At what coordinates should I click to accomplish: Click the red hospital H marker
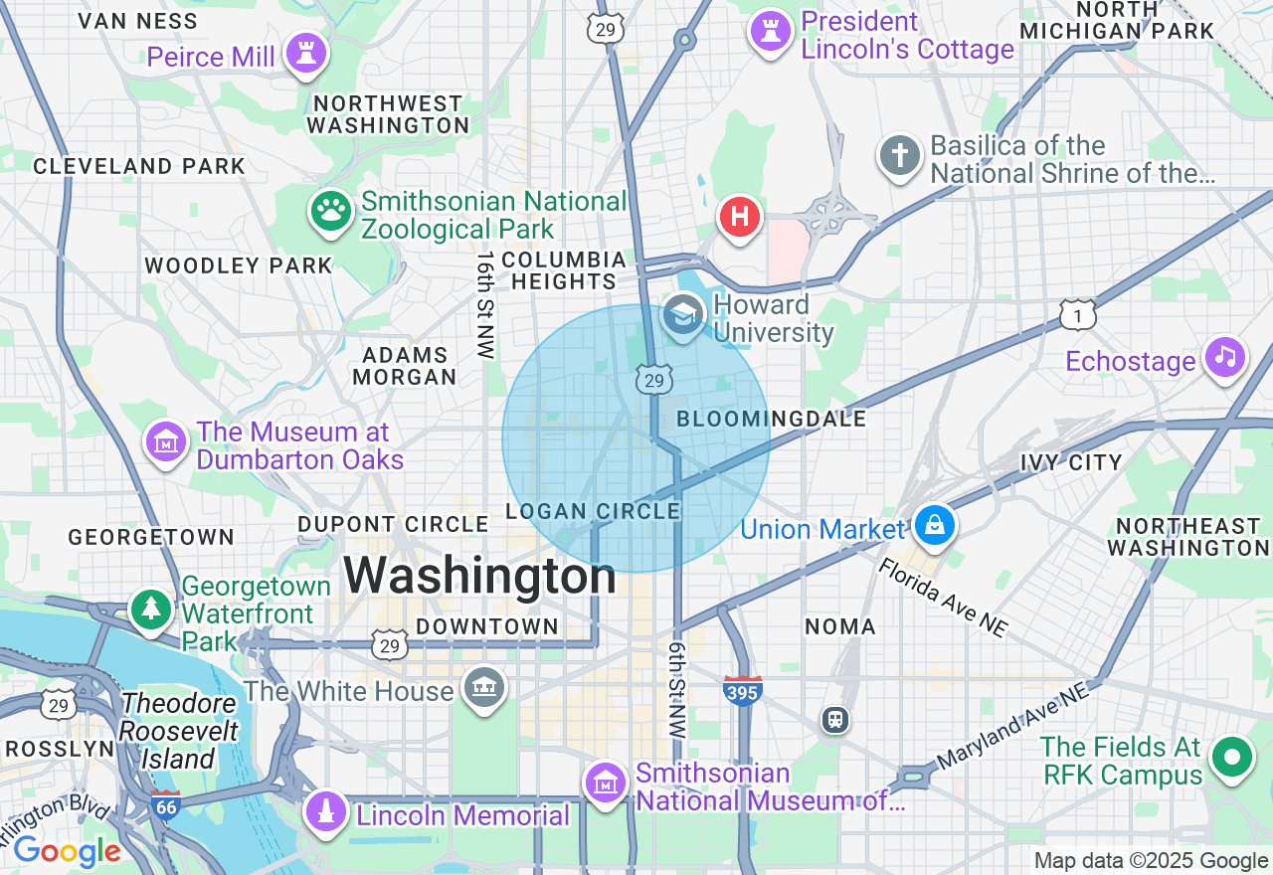point(740,216)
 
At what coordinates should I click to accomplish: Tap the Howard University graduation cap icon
point(682,317)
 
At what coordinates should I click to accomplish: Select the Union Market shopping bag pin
point(935,525)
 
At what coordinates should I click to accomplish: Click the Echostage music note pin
point(1225,357)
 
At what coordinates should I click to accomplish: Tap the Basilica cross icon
point(900,156)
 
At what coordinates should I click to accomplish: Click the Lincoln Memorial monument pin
point(325,812)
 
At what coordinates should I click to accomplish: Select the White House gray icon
point(484,687)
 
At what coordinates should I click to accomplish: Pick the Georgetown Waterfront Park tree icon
point(152,609)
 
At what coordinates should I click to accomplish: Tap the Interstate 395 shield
point(743,690)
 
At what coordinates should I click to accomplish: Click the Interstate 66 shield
point(166,805)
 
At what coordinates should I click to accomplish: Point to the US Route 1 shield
point(1078,314)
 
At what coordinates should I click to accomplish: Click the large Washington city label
point(480,577)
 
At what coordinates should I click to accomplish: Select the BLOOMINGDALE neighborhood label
point(771,420)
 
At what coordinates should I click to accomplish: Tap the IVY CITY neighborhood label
point(1071,462)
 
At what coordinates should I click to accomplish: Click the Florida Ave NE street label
point(943,597)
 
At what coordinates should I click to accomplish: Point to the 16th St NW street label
point(484,304)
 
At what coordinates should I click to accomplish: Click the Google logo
point(67,851)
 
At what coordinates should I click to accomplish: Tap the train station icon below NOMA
point(835,720)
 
